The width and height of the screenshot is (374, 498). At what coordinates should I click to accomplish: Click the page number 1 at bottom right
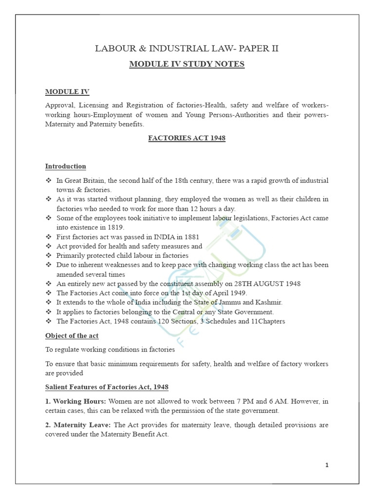(327, 465)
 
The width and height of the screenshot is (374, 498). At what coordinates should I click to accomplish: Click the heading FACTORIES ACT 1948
(187, 138)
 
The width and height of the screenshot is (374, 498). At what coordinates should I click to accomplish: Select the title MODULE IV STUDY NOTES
(187, 64)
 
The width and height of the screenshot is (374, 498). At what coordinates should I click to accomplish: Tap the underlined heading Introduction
(66, 166)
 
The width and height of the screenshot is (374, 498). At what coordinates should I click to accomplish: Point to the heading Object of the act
(73, 336)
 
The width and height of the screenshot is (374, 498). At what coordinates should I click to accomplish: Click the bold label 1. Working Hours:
(76, 401)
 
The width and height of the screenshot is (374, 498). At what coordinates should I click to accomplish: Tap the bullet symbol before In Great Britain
(49, 180)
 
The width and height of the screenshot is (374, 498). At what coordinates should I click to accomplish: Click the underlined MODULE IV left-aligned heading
(67, 91)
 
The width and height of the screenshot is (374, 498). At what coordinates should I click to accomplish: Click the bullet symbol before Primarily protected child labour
(49, 255)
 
